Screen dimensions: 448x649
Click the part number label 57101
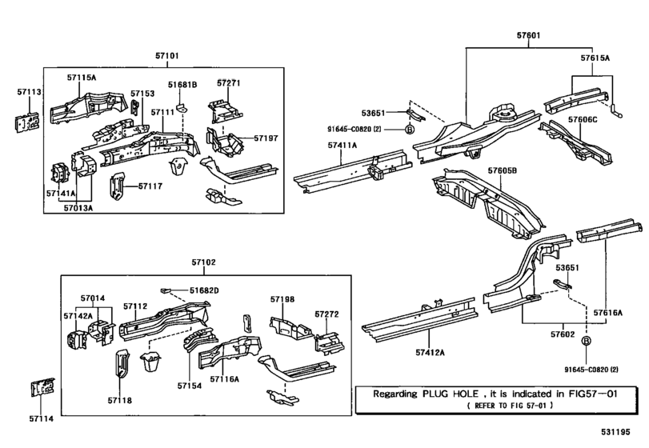pos(168,56)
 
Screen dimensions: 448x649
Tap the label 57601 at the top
pos(529,35)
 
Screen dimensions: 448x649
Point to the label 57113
pos(29,93)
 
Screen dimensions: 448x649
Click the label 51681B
pos(182,84)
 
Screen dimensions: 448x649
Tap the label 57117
pos(150,186)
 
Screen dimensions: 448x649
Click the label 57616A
pos(608,313)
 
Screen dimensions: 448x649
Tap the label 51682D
pos(204,290)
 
